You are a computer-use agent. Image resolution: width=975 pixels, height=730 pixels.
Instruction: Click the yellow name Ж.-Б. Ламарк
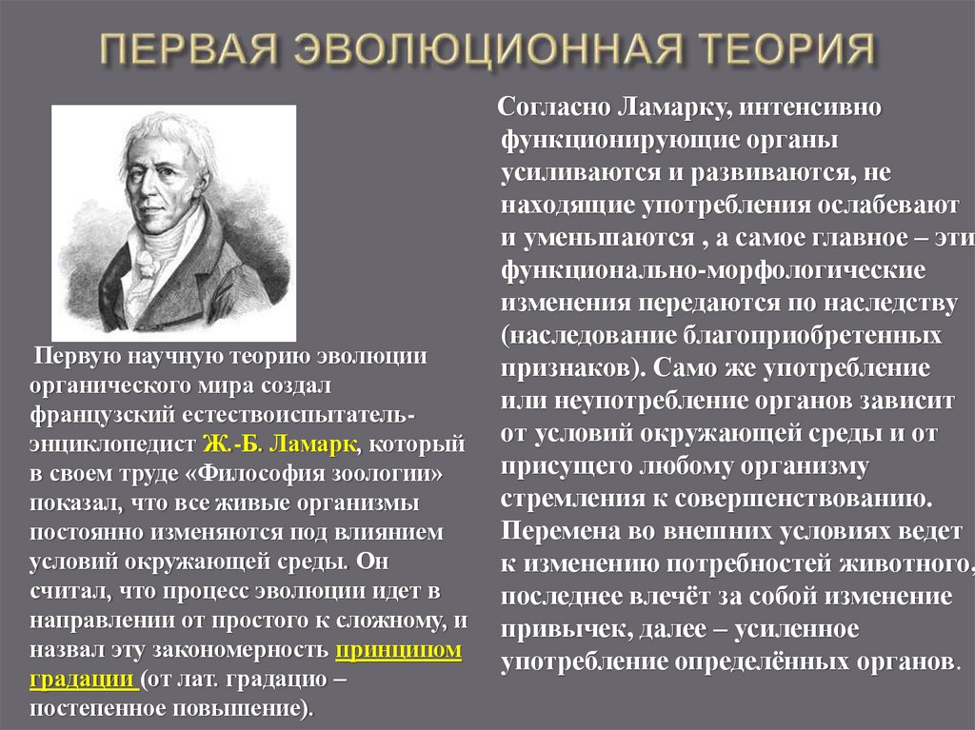pyautogui.click(x=280, y=444)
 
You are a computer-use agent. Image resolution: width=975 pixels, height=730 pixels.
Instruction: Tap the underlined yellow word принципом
pyautogui.click(x=398, y=651)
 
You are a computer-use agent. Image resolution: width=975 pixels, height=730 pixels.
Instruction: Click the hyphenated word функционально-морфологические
pyautogui.click(x=713, y=271)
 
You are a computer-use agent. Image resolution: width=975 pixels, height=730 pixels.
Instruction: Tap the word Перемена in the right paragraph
pyautogui.click(x=554, y=530)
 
